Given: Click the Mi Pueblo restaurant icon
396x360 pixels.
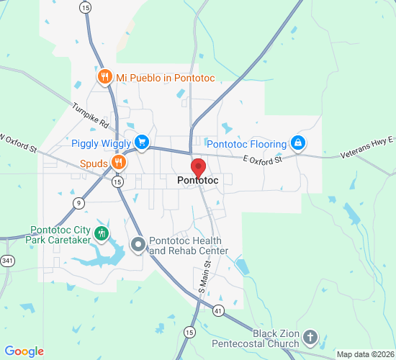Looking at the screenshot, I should [105, 77].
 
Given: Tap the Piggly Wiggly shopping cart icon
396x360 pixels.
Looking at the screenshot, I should [142, 141].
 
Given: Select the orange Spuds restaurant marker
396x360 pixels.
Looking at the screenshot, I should [119, 163].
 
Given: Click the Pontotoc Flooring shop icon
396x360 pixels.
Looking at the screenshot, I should [297, 143].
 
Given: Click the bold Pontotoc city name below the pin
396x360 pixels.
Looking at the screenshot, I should [197, 181].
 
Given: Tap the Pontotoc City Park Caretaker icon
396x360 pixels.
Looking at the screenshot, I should [102, 233].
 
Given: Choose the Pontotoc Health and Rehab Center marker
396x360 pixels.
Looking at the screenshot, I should [138, 246].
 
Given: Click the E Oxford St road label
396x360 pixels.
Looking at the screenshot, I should [259, 158].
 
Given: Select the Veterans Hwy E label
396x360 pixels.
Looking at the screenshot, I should [366, 147].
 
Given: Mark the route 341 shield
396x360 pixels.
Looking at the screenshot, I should [7, 261].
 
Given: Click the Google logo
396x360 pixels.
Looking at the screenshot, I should [24, 351].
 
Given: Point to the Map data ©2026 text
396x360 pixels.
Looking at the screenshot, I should [365, 354].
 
